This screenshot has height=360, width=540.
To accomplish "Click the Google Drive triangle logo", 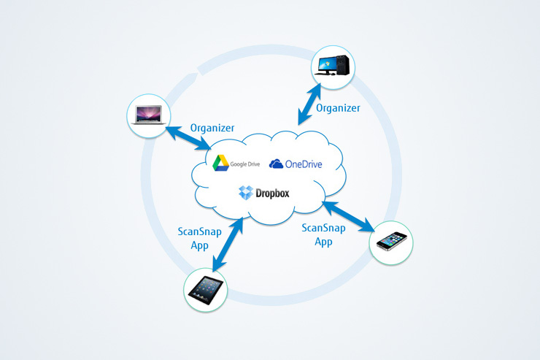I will coord(220,164).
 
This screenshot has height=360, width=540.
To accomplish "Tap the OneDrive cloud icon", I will coord(277,164).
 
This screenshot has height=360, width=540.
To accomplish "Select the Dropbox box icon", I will coord(245,194).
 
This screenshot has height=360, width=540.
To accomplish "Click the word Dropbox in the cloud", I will coord(272,194).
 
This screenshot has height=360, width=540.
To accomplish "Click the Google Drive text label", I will coord(246,164).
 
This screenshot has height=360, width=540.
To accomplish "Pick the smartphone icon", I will coord(391,241).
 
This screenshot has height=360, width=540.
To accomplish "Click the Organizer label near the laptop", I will coord(212,128).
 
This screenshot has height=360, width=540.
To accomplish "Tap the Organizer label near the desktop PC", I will coord(338,107).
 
